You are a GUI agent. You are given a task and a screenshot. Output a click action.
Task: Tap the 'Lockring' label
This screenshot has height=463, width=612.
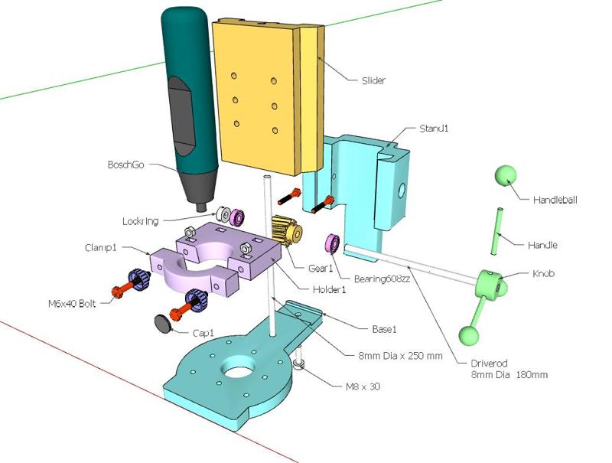(x=140, y=221)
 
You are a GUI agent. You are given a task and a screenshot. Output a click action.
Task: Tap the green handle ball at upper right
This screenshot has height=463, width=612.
(x=505, y=176)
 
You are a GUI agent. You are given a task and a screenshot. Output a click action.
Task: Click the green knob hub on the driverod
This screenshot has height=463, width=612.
(x=490, y=284)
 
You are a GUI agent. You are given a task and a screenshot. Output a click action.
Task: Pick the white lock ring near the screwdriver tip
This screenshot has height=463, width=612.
(x=223, y=215)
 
